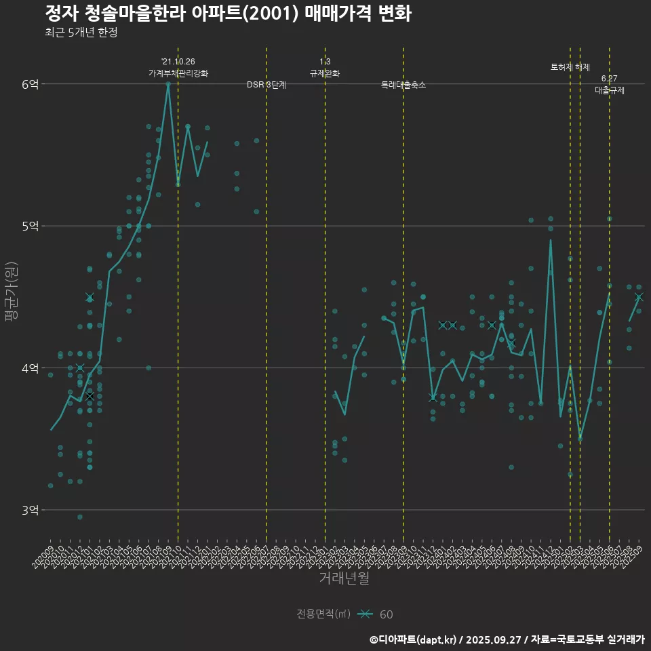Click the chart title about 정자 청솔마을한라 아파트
click(x=228, y=14)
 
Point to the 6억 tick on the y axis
click(x=31, y=84)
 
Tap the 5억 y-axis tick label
click(x=31, y=226)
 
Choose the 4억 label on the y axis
click(x=31, y=368)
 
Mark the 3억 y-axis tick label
click(x=31, y=510)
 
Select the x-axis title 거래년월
click(x=344, y=578)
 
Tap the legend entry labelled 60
click(x=386, y=614)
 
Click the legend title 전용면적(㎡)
click(x=323, y=614)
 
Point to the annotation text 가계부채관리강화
click(x=178, y=73)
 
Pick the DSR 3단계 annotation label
click(x=267, y=85)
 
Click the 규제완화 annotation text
click(x=325, y=73)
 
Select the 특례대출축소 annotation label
click(x=403, y=85)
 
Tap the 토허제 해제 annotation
click(x=570, y=67)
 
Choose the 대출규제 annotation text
click(x=609, y=90)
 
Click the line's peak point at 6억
click(x=168, y=84)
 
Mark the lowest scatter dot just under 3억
click(x=80, y=517)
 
